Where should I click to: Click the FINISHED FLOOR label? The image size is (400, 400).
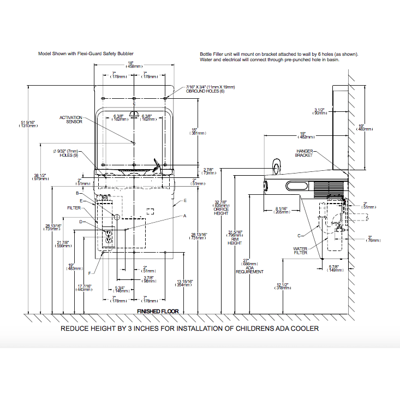(158, 311)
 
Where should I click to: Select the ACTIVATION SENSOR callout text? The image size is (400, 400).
(71, 120)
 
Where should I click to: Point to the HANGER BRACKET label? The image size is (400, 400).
(305, 153)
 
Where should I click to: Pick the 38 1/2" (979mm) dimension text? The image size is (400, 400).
(40, 177)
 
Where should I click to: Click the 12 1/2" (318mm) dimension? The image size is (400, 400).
(282, 286)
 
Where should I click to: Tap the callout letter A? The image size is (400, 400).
(184, 216)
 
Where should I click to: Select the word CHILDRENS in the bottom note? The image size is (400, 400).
(249, 329)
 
